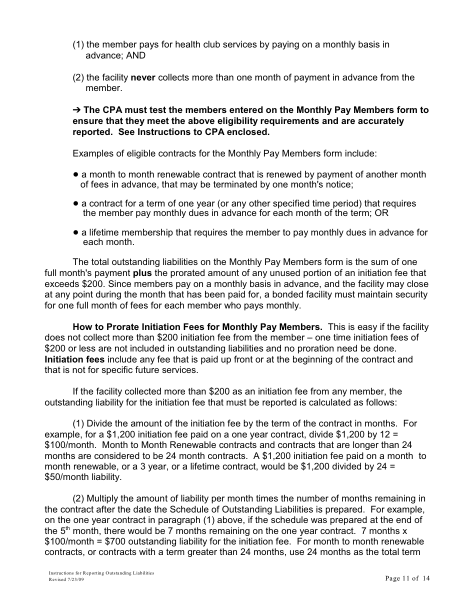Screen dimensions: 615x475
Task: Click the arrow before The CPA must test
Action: click(76, 110)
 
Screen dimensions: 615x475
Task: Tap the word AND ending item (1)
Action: click(135, 55)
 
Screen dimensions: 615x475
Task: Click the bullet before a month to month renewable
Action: click(75, 174)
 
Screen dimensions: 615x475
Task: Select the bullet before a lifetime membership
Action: click(75, 232)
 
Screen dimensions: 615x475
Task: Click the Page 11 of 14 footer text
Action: click(407, 578)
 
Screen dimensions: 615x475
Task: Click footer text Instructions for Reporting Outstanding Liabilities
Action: click(101, 573)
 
